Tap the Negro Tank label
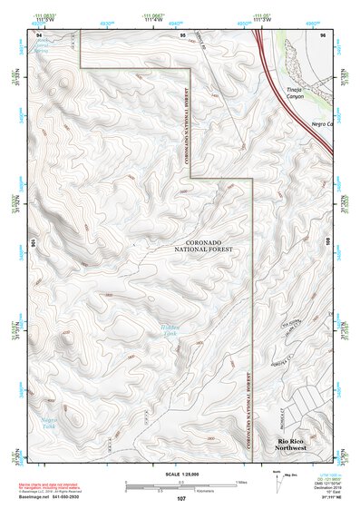coord(50,424)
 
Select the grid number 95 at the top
coord(183,34)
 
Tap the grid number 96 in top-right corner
coord(324,34)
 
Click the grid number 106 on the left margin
coord(33,243)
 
